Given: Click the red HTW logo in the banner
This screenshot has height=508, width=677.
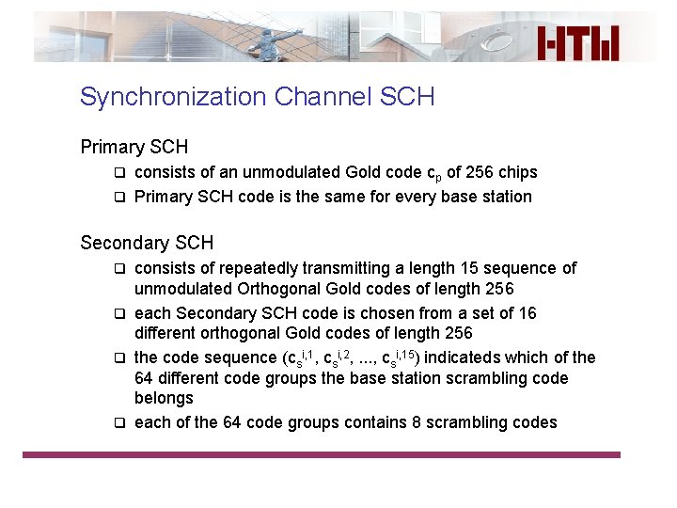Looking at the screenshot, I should tap(578, 43).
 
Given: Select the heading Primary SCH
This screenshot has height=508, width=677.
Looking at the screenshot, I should tap(134, 147).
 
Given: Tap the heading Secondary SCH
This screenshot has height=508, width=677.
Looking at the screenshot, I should tap(147, 243).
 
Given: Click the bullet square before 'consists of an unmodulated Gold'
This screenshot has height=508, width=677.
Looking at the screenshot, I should tap(119, 172).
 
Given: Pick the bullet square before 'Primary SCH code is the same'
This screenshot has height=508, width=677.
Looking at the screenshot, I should tap(119, 197).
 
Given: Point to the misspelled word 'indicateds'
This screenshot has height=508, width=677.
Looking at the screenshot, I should tap(462, 357).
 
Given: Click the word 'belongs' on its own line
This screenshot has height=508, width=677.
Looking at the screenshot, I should tap(164, 398).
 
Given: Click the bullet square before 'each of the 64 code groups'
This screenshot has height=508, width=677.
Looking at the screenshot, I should tap(119, 422).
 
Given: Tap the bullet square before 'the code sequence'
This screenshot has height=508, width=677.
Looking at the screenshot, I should tap(119, 357).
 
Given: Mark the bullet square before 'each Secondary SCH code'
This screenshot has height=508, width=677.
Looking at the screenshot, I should tap(119, 313).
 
